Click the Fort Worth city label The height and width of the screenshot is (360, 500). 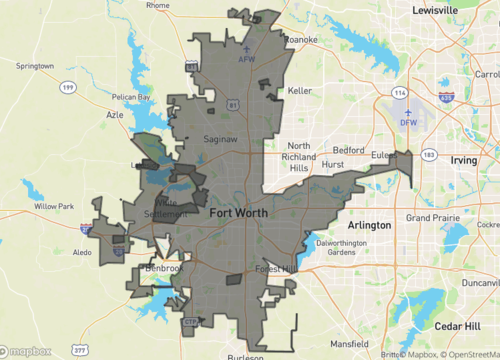click(x=239, y=213)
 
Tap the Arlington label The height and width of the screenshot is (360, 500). click(x=369, y=225)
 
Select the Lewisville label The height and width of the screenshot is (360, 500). click(x=448, y=10)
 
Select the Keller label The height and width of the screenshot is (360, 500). click(x=300, y=90)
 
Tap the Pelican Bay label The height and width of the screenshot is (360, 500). click(x=131, y=97)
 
